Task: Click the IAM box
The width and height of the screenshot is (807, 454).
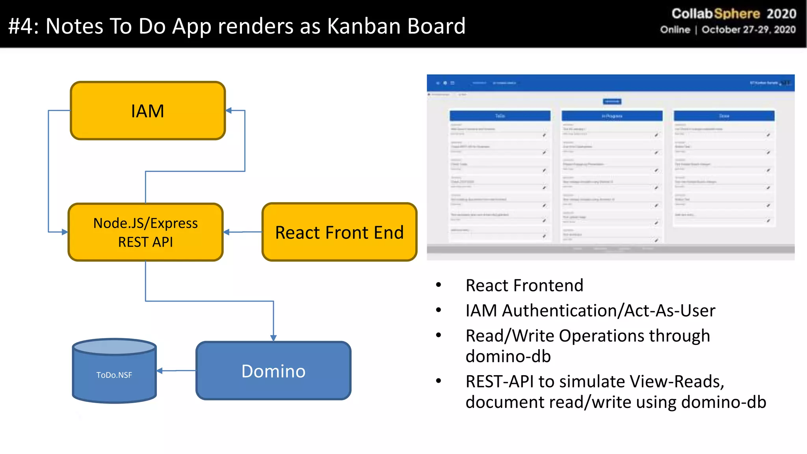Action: (x=147, y=111)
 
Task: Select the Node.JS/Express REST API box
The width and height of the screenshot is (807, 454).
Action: (x=145, y=232)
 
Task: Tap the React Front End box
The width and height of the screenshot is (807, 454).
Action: (x=339, y=232)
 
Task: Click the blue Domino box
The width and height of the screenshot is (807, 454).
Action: (x=273, y=371)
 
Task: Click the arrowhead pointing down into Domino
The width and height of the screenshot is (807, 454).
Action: (x=273, y=337)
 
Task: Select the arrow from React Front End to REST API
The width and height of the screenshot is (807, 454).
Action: (x=243, y=232)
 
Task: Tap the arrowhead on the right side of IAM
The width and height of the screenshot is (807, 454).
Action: (x=229, y=111)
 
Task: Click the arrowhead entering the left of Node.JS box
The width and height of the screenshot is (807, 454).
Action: (x=65, y=232)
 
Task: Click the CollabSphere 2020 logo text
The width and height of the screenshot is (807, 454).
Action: (x=734, y=14)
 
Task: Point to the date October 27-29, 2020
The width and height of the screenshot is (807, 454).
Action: (x=748, y=30)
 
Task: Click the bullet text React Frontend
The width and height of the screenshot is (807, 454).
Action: (x=524, y=285)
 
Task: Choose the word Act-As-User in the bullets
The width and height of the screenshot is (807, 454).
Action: (x=669, y=311)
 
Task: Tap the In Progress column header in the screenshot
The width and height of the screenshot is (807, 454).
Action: (x=612, y=116)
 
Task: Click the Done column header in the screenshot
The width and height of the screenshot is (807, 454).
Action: (x=724, y=116)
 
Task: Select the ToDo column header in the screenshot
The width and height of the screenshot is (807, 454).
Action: (x=500, y=116)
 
